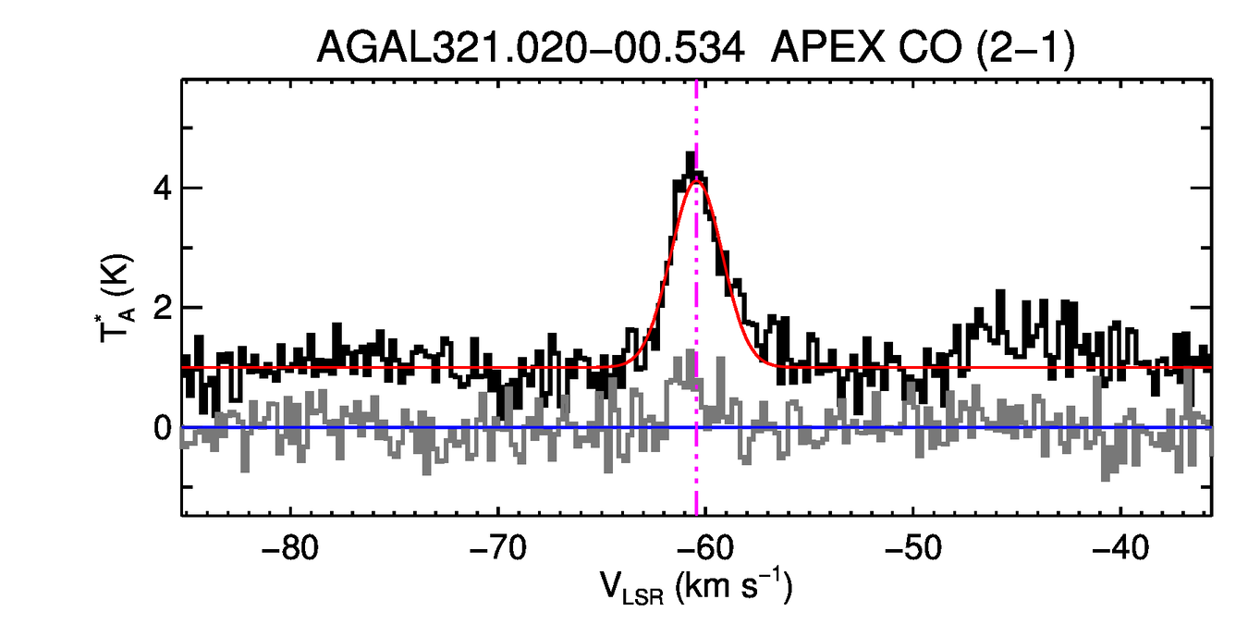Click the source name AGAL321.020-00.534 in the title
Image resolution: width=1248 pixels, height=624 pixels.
[x=531, y=47]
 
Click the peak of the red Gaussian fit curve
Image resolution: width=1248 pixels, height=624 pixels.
[x=697, y=181]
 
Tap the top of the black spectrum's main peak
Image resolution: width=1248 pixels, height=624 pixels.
[x=690, y=155]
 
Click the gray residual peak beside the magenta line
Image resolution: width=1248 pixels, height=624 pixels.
[x=691, y=355]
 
